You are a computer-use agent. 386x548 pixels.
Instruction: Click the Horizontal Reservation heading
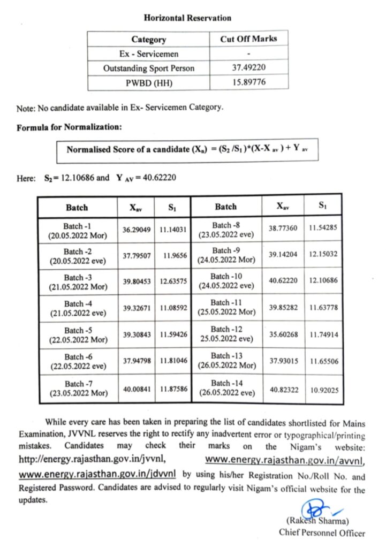187,18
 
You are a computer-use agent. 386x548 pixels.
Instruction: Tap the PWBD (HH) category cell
149,82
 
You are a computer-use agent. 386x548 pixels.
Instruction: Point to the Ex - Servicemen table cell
149,54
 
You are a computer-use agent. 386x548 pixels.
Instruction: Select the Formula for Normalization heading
69,127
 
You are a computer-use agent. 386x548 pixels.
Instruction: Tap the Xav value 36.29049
135,230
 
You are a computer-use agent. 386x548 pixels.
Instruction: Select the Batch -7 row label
77,388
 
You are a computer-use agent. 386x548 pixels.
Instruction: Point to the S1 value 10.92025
323,388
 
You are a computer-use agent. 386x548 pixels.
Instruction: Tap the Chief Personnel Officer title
322,532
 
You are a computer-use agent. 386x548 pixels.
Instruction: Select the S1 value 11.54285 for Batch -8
323,229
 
